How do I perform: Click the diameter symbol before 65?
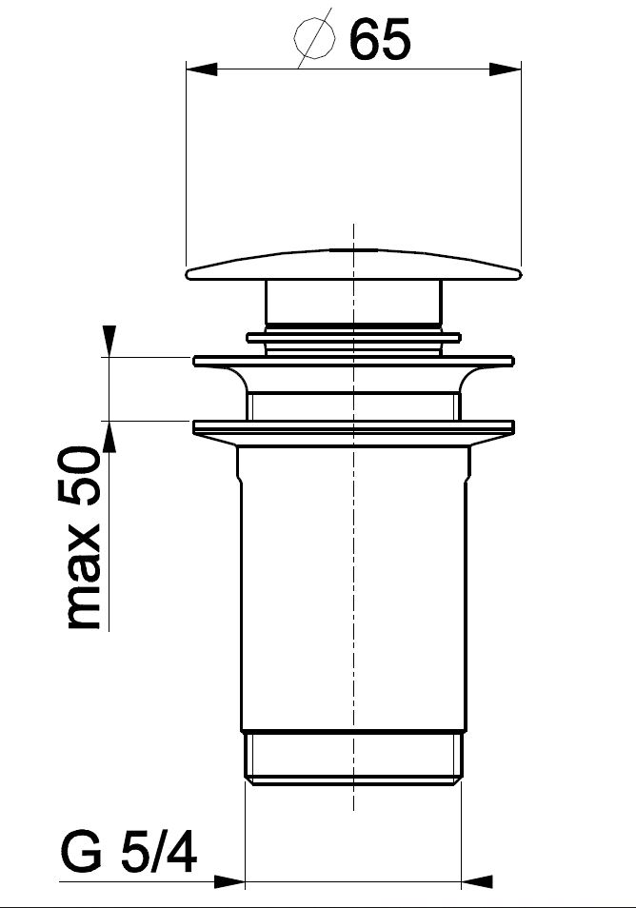tap(314, 38)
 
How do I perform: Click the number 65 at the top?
tap(380, 39)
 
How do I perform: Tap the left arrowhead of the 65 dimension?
tap(201, 69)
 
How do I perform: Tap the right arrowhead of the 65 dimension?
tap(506, 69)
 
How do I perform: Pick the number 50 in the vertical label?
tap(79, 477)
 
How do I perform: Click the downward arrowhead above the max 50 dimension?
tap(109, 342)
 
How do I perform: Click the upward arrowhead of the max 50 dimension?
tap(109, 436)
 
